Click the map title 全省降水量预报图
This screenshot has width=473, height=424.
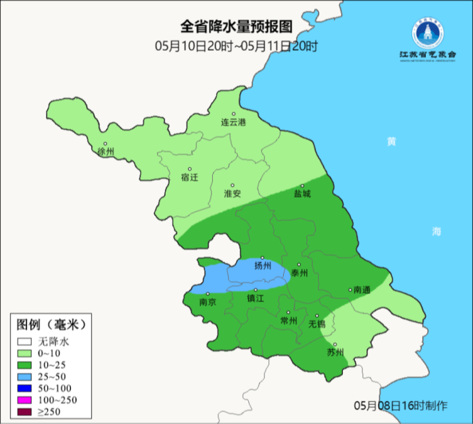236,26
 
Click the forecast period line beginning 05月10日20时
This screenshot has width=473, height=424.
236,46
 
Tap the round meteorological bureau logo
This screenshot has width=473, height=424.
428,33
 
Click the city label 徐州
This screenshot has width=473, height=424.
105,152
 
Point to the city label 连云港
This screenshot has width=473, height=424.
233,123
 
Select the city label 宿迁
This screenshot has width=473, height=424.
189,177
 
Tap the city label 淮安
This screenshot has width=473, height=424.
233,194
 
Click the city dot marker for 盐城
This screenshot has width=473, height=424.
303,186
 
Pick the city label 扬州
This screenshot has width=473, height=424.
263,266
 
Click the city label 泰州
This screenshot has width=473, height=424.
299,273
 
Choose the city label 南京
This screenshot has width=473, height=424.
207,302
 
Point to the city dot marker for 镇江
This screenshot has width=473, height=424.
256,290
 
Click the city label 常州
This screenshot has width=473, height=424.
288,321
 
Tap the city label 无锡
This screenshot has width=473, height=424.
317,324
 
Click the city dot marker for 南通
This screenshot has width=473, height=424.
350,290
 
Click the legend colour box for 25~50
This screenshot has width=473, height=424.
24,376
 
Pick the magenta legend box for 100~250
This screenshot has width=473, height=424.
24,399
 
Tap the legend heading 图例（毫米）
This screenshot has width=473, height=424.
51,325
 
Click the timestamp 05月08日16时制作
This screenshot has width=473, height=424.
401,406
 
